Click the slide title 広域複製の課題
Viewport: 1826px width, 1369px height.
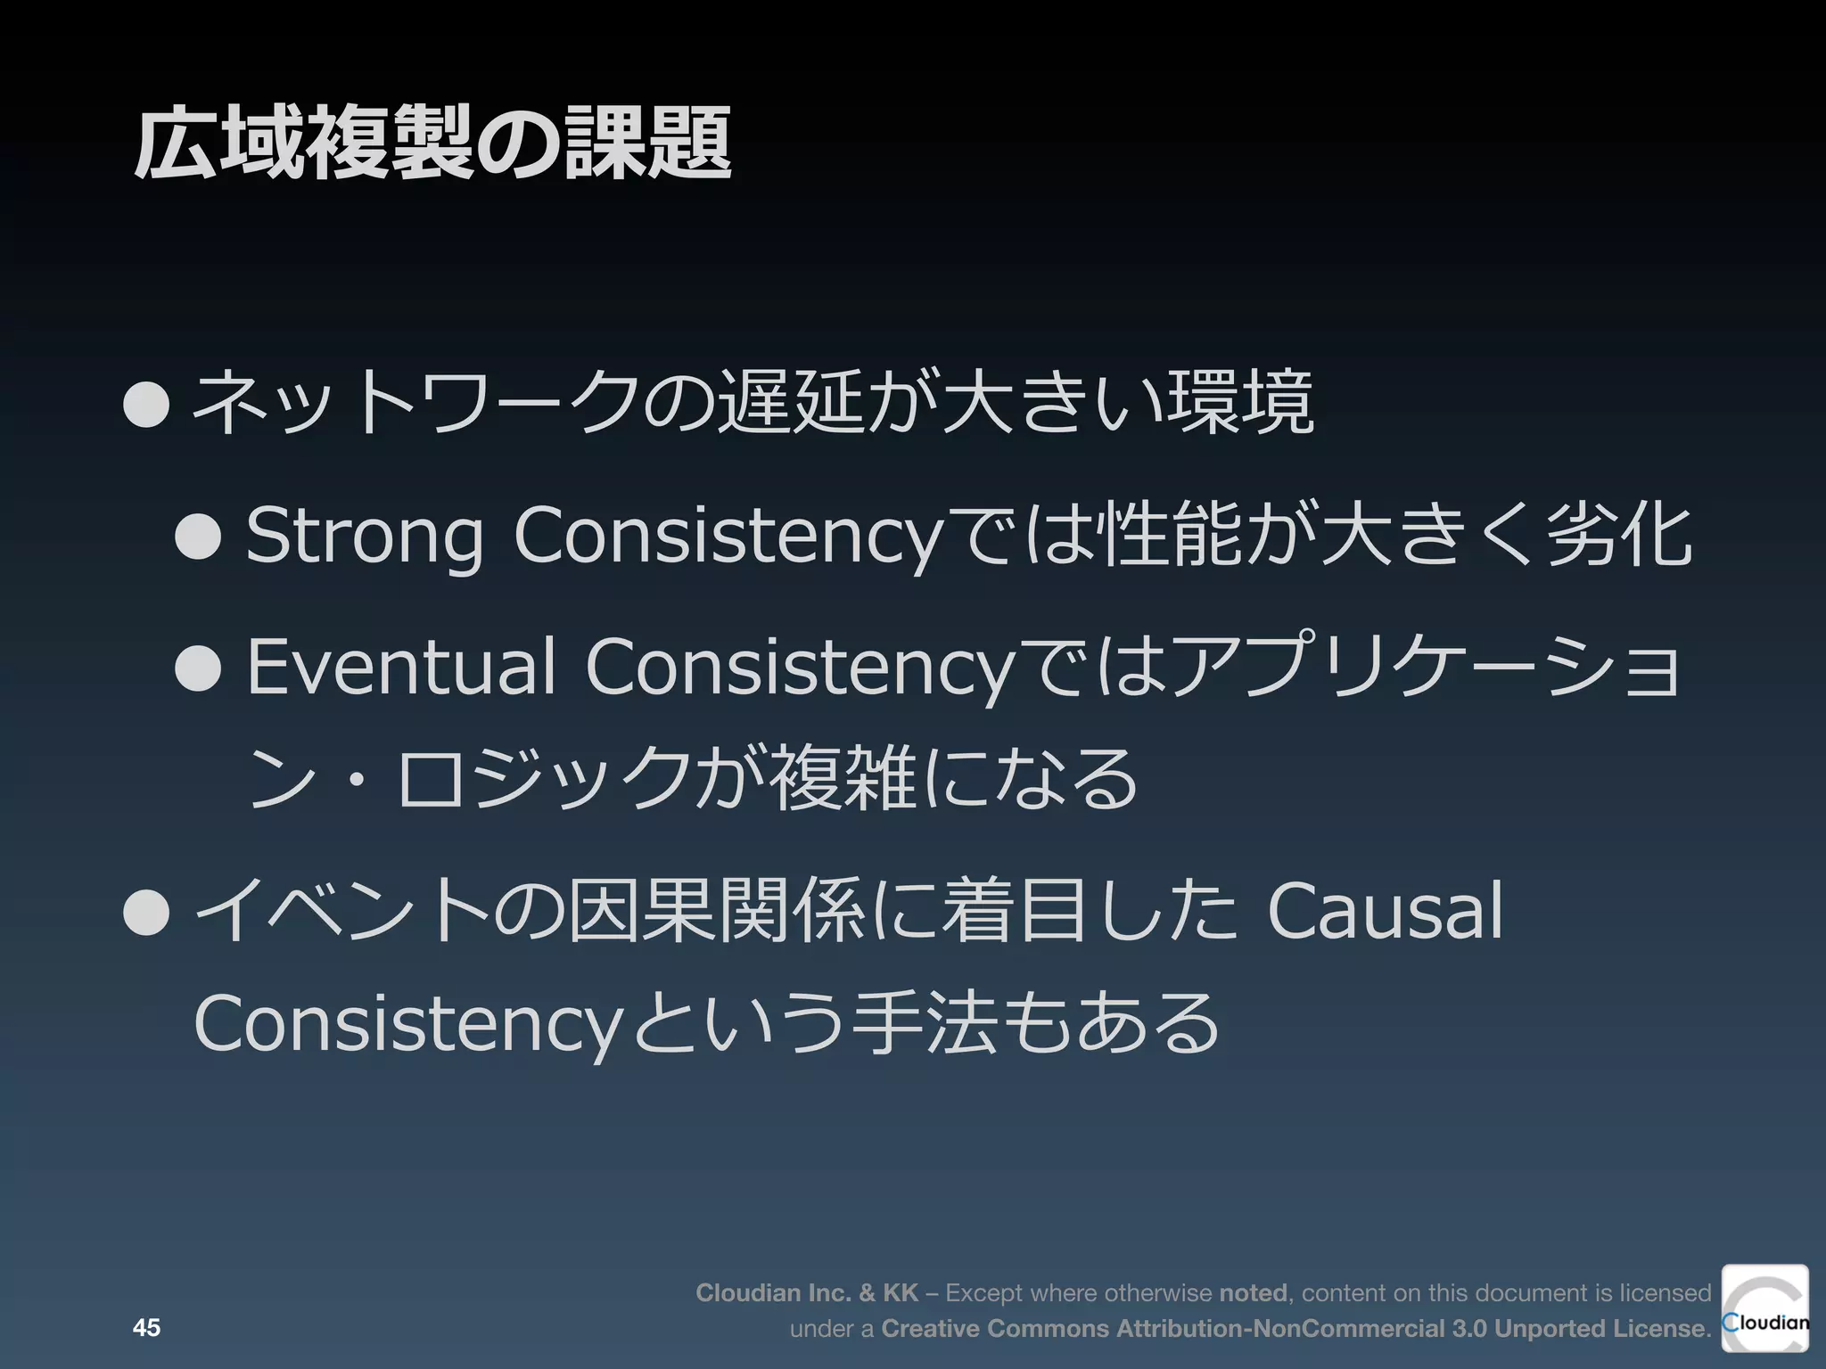433,143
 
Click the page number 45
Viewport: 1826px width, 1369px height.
146,1328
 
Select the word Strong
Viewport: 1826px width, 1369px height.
364,537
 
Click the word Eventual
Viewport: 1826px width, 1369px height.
400,667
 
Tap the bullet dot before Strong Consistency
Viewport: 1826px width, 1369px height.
198,537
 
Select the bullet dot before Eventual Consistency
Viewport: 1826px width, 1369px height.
198,668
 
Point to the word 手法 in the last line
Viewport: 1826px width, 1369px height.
923,1023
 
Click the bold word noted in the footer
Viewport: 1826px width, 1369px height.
1252,1292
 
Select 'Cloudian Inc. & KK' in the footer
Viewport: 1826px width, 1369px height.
807,1292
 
